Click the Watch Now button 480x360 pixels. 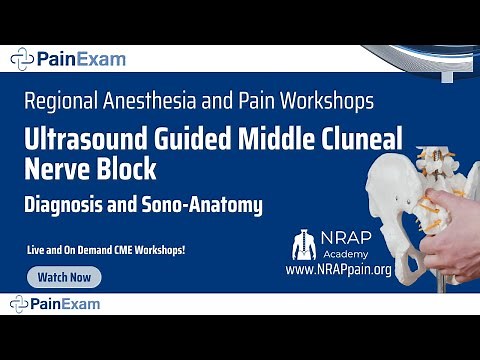pos(65,277)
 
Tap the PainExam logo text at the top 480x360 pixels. pos(81,59)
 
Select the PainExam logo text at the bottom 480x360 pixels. pos(81,302)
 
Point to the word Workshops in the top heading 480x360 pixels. pos(328,101)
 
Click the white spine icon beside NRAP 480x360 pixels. pos(303,245)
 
